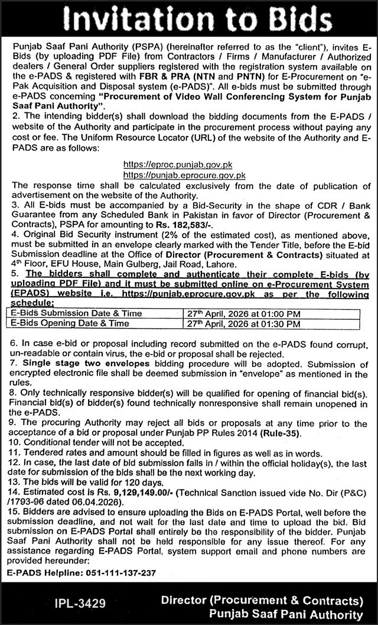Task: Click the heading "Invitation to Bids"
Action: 188,19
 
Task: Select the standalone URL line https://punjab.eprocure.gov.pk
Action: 184,175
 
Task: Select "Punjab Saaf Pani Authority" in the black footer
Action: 286,615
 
